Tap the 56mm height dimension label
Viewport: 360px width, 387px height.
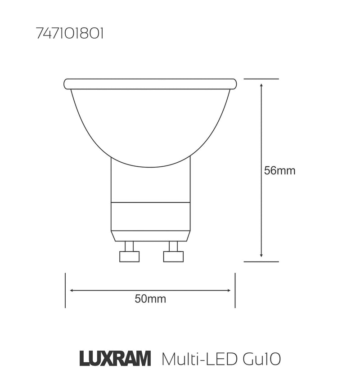(279, 171)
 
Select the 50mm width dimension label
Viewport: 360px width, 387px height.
(150, 299)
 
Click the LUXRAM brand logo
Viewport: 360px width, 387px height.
(115, 360)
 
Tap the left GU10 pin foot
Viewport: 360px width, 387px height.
(129, 256)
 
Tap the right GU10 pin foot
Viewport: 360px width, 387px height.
(173, 256)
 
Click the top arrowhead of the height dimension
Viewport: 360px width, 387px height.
(261, 84)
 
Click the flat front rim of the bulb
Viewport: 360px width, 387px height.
(150, 84)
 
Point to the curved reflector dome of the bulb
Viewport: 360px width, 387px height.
(150, 126)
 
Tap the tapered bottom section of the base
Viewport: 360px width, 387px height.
(150, 236)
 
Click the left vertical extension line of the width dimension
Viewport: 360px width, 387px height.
(65, 290)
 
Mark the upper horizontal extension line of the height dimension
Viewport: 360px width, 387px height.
(261, 79)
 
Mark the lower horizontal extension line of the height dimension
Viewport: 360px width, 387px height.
(261, 261)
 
